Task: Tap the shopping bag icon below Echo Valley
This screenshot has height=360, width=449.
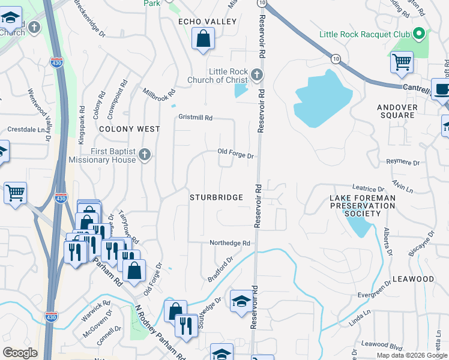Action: tap(203, 40)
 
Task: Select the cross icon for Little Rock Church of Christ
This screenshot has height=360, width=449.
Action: tap(257, 75)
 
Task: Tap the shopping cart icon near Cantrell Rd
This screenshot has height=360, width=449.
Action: tap(401, 62)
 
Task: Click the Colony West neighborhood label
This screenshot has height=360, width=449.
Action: tap(130, 129)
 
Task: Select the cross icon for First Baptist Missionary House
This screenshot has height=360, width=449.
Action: tap(144, 155)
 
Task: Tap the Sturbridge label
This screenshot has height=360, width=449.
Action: tap(216, 197)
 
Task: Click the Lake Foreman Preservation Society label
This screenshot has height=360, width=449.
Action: tap(363, 205)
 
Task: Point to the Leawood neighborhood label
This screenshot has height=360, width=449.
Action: tap(413, 280)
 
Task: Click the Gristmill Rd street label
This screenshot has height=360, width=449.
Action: tap(195, 118)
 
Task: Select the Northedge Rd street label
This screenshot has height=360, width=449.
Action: tap(229, 243)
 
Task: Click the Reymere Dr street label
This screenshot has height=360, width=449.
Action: tap(402, 162)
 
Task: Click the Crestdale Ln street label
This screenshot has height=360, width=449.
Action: tap(26, 130)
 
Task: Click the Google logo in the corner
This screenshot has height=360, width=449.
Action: tap(20, 353)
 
